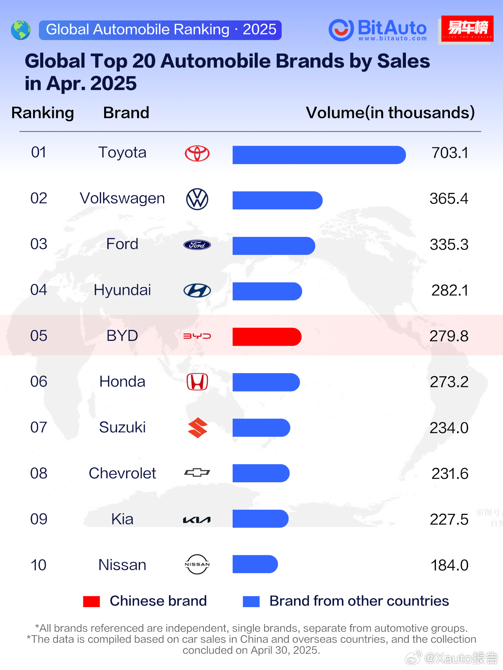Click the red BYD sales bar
267,337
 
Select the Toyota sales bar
319,155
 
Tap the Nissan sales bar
255,564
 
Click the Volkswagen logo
197,199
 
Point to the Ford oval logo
197,245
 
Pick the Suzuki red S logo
197,428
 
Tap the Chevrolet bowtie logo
197,472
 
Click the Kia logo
197,520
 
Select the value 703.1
450,153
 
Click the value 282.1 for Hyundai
450,290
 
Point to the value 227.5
449,519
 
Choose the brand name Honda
122,381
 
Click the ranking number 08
39,473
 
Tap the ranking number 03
39,244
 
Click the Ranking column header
42,113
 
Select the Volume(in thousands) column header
390,113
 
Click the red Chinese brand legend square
91,601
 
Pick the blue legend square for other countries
251,601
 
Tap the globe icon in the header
21,30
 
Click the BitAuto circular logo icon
341,30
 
